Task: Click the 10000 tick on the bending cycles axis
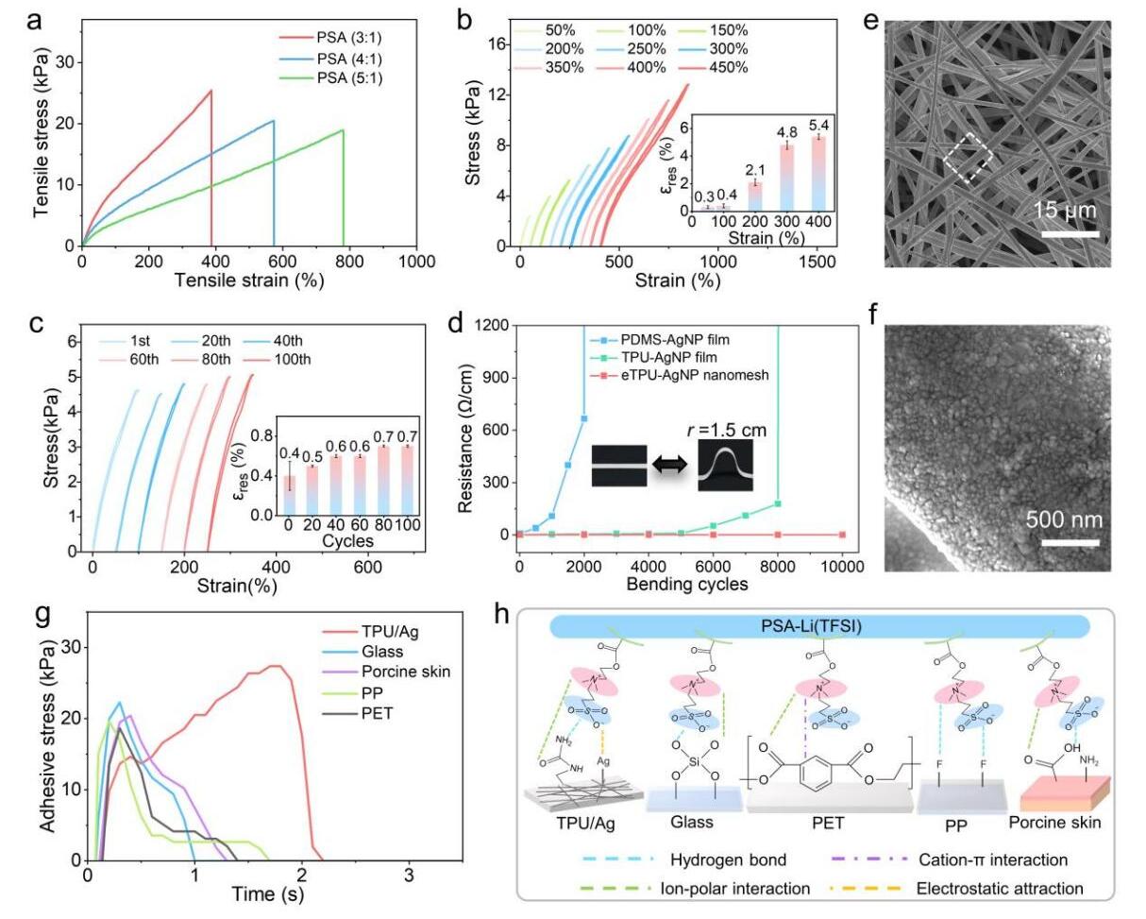tap(842, 567)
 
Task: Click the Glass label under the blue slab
tap(692, 822)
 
